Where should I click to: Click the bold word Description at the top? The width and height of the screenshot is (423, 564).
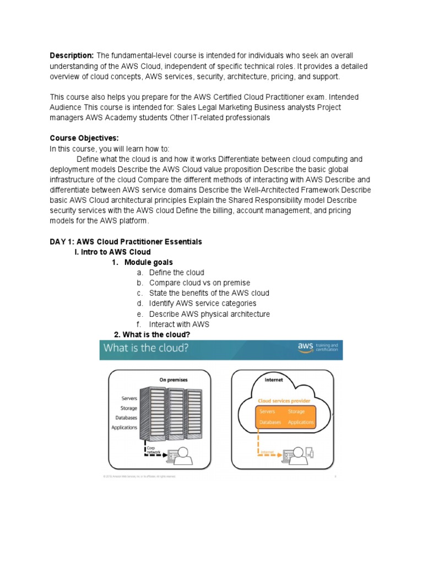[72, 56]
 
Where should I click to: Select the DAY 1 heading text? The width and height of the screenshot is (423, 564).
[126, 242]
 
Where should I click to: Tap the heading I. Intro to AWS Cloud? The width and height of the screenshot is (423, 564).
[112, 252]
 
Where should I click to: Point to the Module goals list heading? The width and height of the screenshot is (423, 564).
[148, 262]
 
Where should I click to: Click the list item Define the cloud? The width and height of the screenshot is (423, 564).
[176, 273]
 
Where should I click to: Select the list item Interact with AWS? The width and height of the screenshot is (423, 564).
[179, 324]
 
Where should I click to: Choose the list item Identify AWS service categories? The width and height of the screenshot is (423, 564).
[202, 303]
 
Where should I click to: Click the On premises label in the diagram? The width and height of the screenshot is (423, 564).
[173, 379]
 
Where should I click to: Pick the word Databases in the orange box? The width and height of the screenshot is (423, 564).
[270, 422]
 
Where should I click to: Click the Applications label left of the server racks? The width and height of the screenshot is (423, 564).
[124, 427]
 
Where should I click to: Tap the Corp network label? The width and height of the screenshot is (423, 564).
[153, 451]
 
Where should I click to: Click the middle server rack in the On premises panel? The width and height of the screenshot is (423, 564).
[175, 410]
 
